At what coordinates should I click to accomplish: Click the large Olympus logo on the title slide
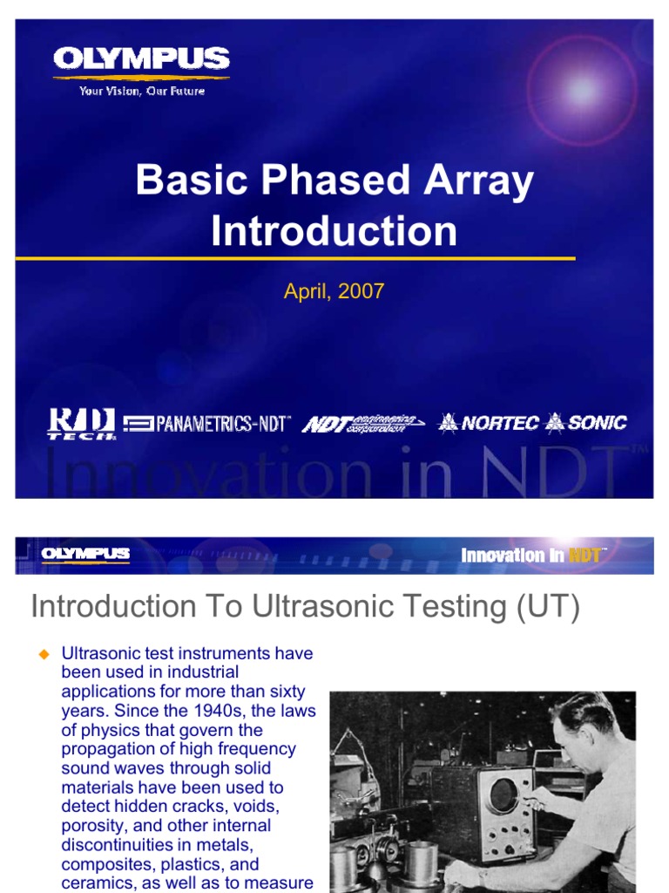click(141, 59)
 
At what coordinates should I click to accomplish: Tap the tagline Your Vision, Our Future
click(142, 91)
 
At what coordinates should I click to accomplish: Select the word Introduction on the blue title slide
click(334, 231)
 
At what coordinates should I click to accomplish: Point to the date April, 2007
click(334, 291)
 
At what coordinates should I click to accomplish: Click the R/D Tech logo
click(81, 424)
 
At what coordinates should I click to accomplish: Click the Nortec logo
click(489, 423)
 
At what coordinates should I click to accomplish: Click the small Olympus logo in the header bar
click(85, 555)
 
